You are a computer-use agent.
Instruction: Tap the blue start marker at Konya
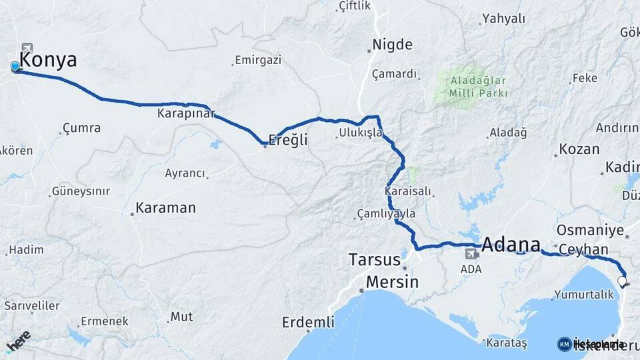click(15, 66)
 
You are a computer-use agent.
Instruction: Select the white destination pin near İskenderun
click(622, 281)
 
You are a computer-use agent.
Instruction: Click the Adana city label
click(510, 244)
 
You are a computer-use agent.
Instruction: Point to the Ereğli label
click(288, 140)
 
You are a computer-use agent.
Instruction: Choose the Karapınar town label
click(185, 114)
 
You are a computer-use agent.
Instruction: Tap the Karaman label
click(165, 208)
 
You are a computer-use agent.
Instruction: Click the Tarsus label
click(375, 259)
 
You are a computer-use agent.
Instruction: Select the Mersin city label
click(392, 282)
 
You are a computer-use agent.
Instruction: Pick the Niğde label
click(393, 45)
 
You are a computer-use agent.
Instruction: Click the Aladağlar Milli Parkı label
click(478, 87)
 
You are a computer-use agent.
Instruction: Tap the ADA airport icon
click(471, 253)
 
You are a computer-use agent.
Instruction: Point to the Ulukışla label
click(361, 133)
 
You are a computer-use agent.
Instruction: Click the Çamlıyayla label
click(387, 214)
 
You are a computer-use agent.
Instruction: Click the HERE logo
click(18, 339)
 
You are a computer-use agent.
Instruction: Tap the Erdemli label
click(308, 323)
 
